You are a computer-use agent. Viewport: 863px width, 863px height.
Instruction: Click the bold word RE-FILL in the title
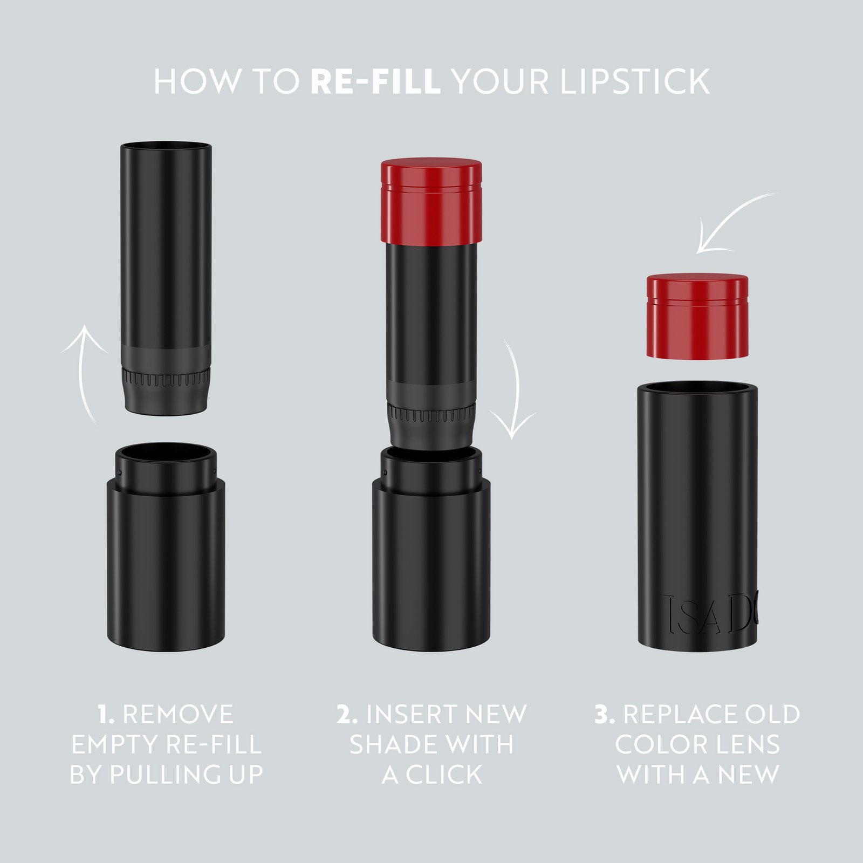(x=375, y=82)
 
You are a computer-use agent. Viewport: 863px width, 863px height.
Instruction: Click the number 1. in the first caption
(x=106, y=715)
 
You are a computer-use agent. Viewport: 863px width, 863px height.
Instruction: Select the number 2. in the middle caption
(x=347, y=715)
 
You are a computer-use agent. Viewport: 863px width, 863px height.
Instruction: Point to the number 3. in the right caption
(x=605, y=715)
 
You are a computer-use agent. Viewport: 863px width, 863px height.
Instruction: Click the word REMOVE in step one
(x=178, y=715)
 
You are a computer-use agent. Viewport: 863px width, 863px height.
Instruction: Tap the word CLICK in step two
(x=444, y=775)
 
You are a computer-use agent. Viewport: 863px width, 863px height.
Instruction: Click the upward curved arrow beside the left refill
(x=84, y=372)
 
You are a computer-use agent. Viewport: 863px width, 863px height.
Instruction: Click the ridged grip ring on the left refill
(x=166, y=378)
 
